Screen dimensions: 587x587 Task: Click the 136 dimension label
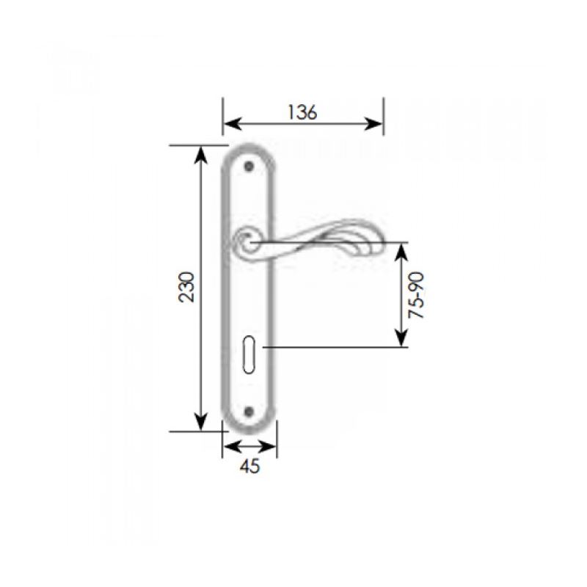tap(302, 112)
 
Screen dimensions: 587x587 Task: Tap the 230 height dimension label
tap(187, 287)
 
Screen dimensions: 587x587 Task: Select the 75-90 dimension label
tap(416, 296)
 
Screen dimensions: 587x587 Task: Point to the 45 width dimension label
tap(249, 467)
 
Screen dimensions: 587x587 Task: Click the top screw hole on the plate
tap(249, 167)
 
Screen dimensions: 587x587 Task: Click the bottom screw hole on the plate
tap(249, 412)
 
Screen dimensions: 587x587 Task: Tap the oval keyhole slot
tap(249, 354)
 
